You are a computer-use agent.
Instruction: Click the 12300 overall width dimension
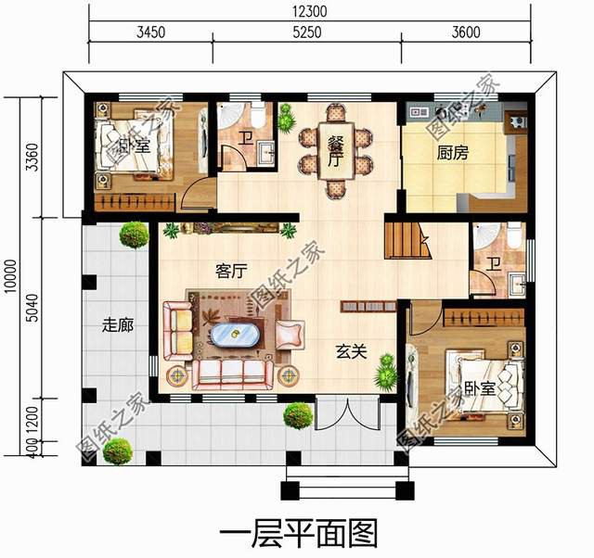pos(309,12)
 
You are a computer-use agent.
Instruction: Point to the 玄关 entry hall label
pos(349,351)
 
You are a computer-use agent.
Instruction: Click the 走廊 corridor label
pos(116,325)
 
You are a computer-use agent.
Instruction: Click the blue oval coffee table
pos(235,335)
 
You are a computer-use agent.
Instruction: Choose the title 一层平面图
pos(299,534)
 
